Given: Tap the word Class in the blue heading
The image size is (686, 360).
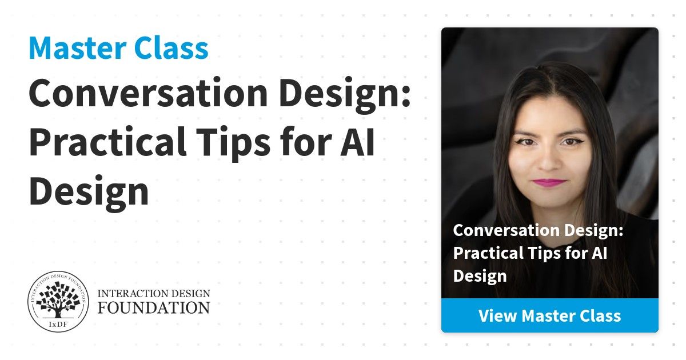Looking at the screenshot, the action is coord(171,48).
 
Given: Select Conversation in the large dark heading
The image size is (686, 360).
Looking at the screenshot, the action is coord(149,93).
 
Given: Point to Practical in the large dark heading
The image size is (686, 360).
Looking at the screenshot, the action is coord(107,142).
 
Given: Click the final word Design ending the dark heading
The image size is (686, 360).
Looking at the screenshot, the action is coord(89,194).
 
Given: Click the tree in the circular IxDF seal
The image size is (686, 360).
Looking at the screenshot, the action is coord(58,300).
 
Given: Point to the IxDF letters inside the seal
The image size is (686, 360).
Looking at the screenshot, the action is coord(58,324).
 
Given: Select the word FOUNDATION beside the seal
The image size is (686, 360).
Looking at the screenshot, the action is coord(154,308).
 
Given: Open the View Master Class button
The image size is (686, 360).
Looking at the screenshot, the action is coord(550,315).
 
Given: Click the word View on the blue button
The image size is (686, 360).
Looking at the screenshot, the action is coord(498,315).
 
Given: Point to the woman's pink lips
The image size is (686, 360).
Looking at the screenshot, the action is coord(549,183).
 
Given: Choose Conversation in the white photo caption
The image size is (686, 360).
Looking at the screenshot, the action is coord(507,230).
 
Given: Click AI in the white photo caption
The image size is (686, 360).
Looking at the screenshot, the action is coord(600,253).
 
